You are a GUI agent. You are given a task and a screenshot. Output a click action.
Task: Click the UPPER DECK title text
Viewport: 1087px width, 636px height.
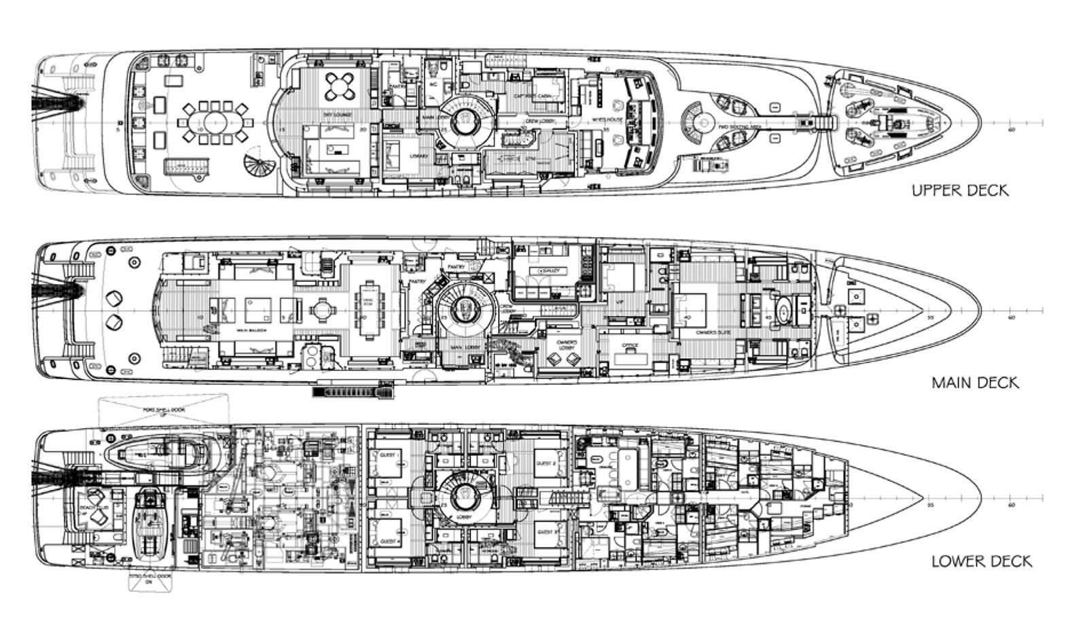click(960, 190)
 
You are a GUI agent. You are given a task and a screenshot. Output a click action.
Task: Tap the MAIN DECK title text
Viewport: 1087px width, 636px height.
click(975, 383)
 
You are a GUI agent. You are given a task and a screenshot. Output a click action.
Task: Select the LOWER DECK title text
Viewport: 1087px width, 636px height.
click(981, 561)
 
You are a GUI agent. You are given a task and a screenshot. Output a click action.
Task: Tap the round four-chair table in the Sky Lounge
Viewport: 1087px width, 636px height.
click(338, 86)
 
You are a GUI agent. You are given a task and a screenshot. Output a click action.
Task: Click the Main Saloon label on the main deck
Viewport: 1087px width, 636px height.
click(251, 331)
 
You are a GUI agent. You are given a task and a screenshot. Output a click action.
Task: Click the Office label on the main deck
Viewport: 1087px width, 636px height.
click(630, 346)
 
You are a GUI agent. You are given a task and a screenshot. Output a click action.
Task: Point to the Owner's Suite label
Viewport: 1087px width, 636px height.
click(713, 333)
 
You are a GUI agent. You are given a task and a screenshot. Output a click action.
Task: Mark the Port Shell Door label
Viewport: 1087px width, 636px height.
click(164, 410)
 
